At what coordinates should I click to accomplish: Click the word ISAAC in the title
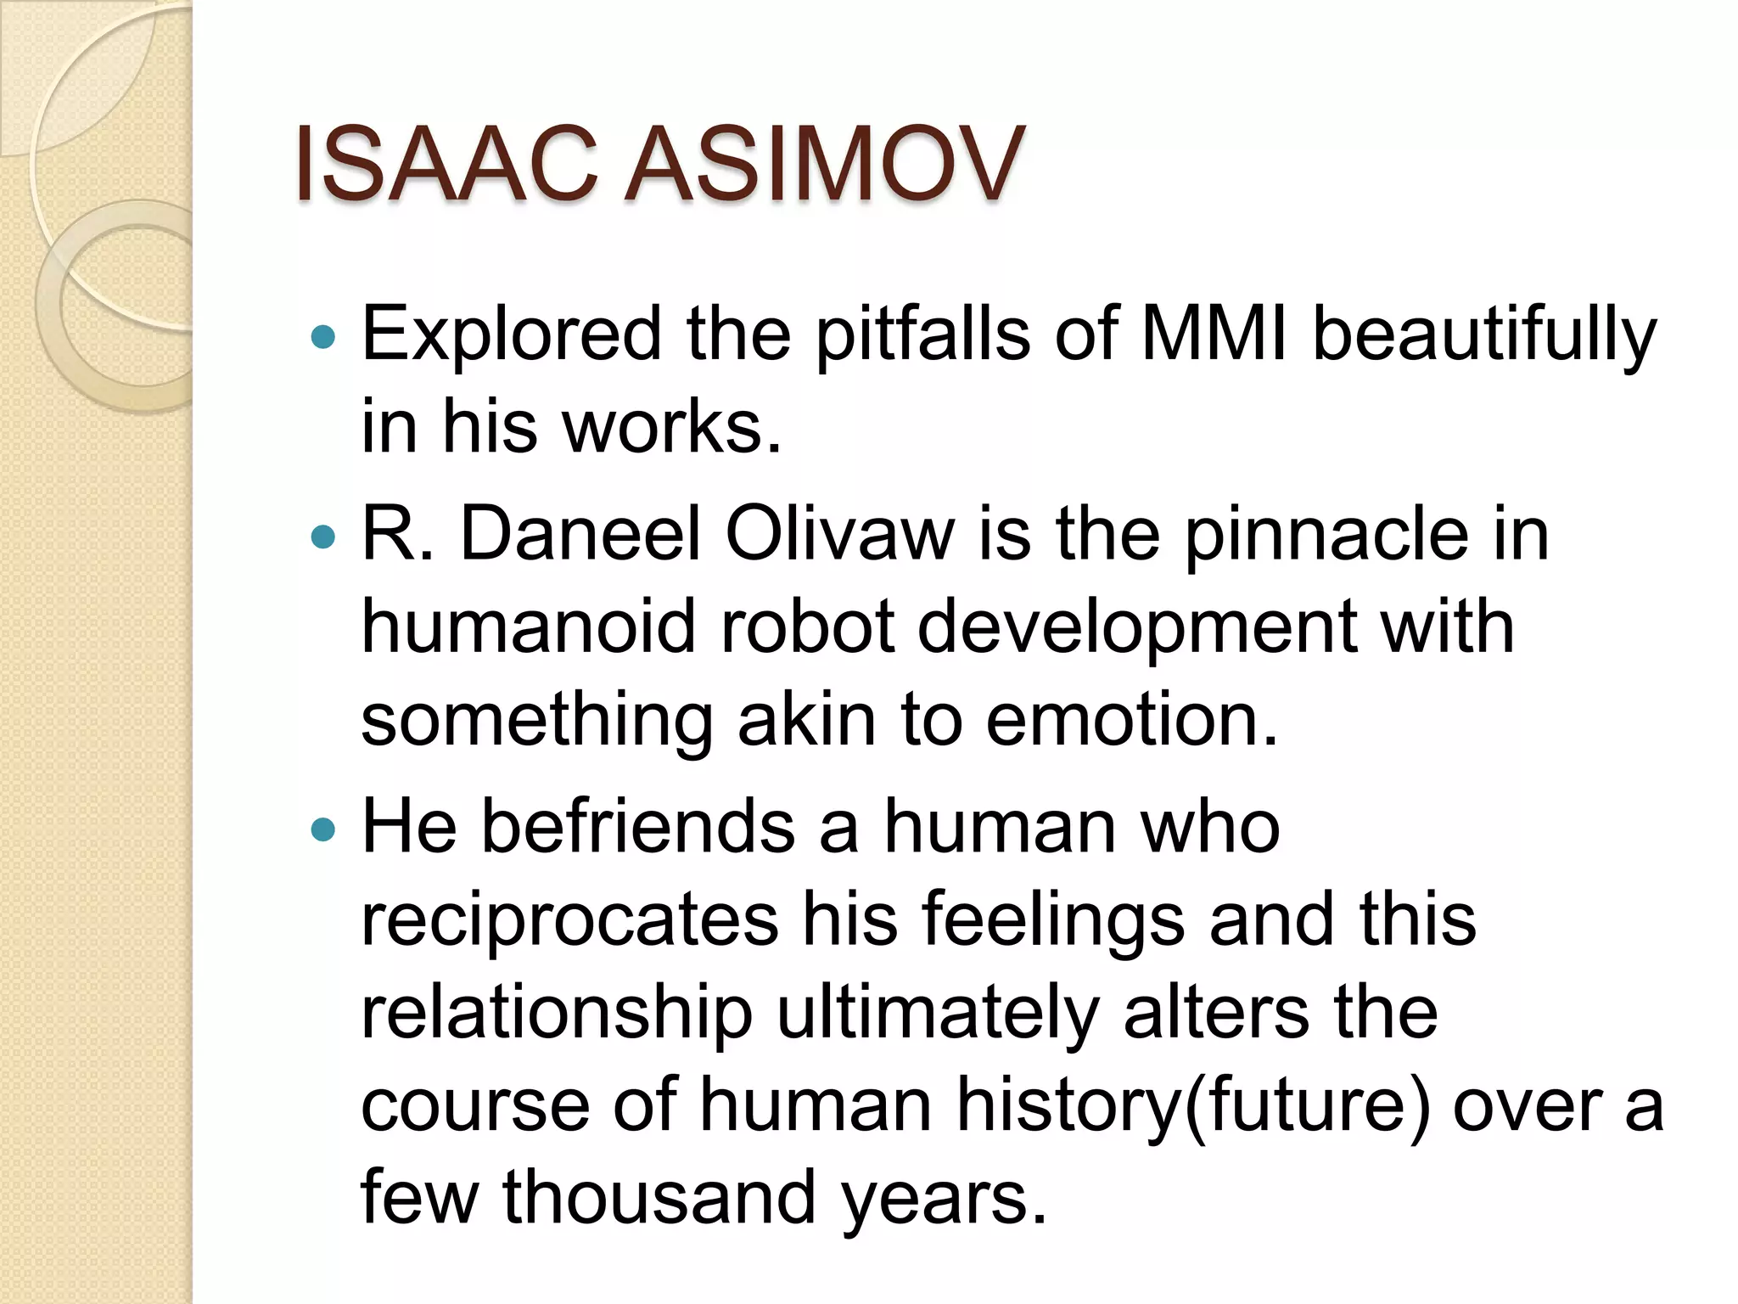coord(446,165)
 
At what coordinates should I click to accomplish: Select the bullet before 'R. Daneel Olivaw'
coord(323,537)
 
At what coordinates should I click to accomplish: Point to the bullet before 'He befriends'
coord(323,829)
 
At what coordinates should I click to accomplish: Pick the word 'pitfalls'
coord(923,336)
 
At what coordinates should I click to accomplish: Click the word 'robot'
coord(807,628)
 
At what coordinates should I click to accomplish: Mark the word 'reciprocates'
coord(569,922)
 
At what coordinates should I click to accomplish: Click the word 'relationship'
coord(557,1015)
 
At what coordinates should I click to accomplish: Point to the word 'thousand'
coord(659,1197)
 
